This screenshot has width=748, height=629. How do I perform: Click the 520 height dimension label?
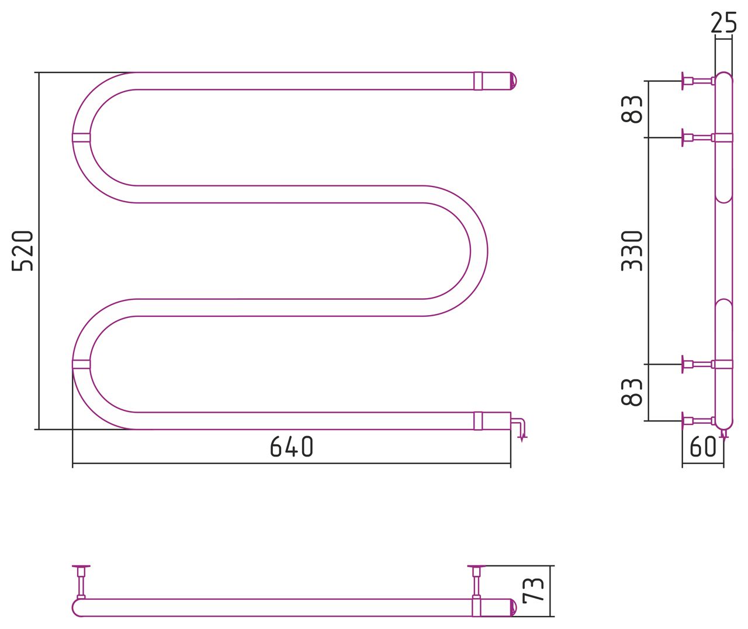pos(22,251)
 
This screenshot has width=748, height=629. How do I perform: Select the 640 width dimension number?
pos(292,447)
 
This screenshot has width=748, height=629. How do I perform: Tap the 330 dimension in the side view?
pos(632,251)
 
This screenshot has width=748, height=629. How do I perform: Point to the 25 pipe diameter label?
pos(723,23)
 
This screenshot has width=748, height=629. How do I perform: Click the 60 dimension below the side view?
pos(703,447)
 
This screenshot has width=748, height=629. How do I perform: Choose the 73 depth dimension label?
pos(534,590)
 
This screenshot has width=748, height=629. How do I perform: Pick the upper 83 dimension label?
pos(632,109)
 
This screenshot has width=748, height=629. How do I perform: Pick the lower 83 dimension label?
pos(632,392)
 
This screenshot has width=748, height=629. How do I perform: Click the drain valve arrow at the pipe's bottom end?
pos(520,430)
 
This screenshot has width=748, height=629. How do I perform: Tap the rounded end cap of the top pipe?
pos(513,81)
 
